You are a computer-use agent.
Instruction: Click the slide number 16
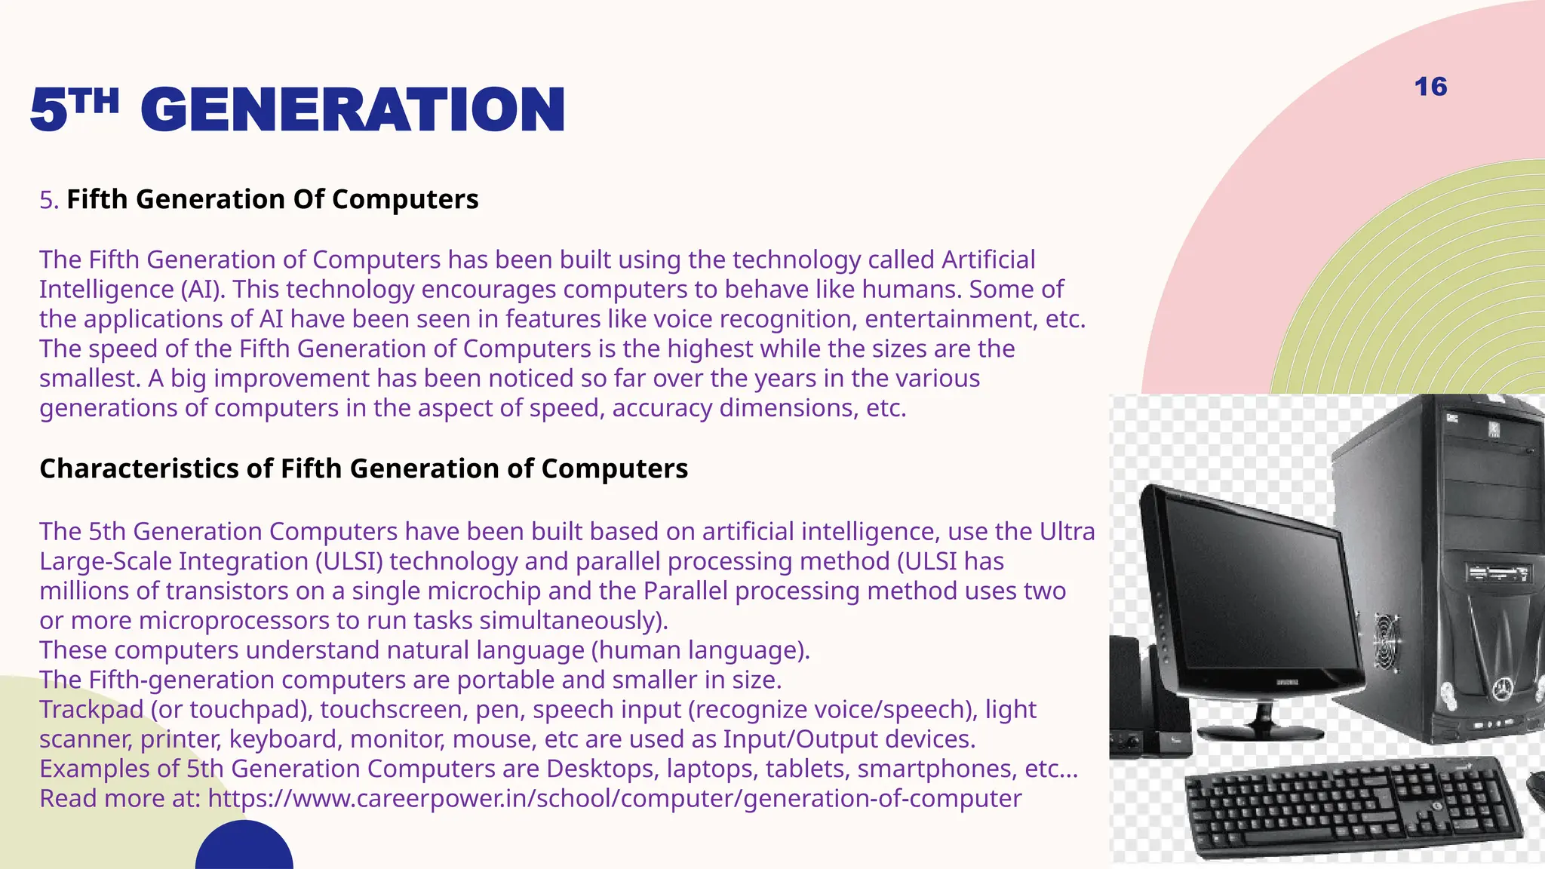pos(1430,87)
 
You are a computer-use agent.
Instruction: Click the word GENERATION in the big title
pos(352,110)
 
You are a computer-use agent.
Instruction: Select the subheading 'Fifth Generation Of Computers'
pos(272,199)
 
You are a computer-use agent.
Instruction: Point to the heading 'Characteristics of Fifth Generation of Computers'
pos(364,468)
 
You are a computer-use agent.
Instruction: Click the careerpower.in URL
pos(614,798)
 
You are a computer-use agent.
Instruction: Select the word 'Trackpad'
pos(91,709)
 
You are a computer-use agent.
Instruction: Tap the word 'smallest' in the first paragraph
pos(90,378)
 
